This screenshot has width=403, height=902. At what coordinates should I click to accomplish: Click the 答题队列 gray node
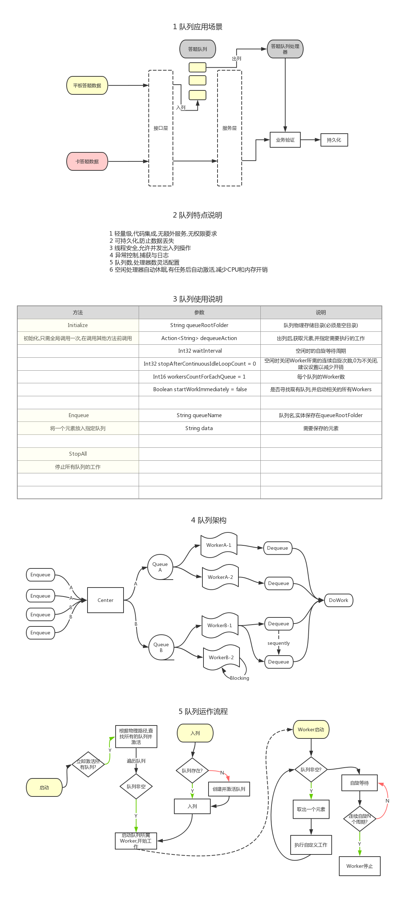pyautogui.click(x=198, y=49)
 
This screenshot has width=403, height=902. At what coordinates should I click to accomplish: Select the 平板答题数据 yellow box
pyautogui.click(x=87, y=85)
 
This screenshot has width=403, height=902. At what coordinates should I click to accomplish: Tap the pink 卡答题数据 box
pyautogui.click(x=87, y=161)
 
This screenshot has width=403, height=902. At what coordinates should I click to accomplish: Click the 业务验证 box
pyautogui.click(x=285, y=140)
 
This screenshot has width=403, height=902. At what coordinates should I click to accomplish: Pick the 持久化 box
pyautogui.click(x=334, y=140)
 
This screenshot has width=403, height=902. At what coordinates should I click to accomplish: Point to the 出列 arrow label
pyautogui.click(x=237, y=59)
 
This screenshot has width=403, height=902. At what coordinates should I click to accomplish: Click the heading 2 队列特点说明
pyautogui.click(x=197, y=215)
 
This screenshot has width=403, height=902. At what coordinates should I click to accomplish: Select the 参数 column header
pyautogui.click(x=199, y=312)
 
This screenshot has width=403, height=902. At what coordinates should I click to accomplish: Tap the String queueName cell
pyautogui.click(x=199, y=415)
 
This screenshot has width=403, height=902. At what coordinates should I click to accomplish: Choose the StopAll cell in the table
pyautogui.click(x=78, y=454)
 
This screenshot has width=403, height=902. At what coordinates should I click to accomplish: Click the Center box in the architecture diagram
pyautogui.click(x=106, y=600)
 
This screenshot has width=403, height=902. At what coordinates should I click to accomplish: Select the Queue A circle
pyautogui.click(x=160, y=567)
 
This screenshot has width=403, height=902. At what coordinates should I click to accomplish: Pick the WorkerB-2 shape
pyautogui.click(x=221, y=657)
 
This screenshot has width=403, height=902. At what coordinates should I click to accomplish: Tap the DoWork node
pyautogui.click(x=339, y=600)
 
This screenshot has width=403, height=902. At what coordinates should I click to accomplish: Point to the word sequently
pyautogui.click(x=278, y=643)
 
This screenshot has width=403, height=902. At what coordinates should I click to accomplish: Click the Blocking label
pyautogui.click(x=239, y=678)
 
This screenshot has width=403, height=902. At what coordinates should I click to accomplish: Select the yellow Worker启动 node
pyautogui.click(x=311, y=729)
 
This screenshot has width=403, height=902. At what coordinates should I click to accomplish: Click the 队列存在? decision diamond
pyautogui.click(x=192, y=771)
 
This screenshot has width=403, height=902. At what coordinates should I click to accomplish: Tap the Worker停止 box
pyautogui.click(x=359, y=866)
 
